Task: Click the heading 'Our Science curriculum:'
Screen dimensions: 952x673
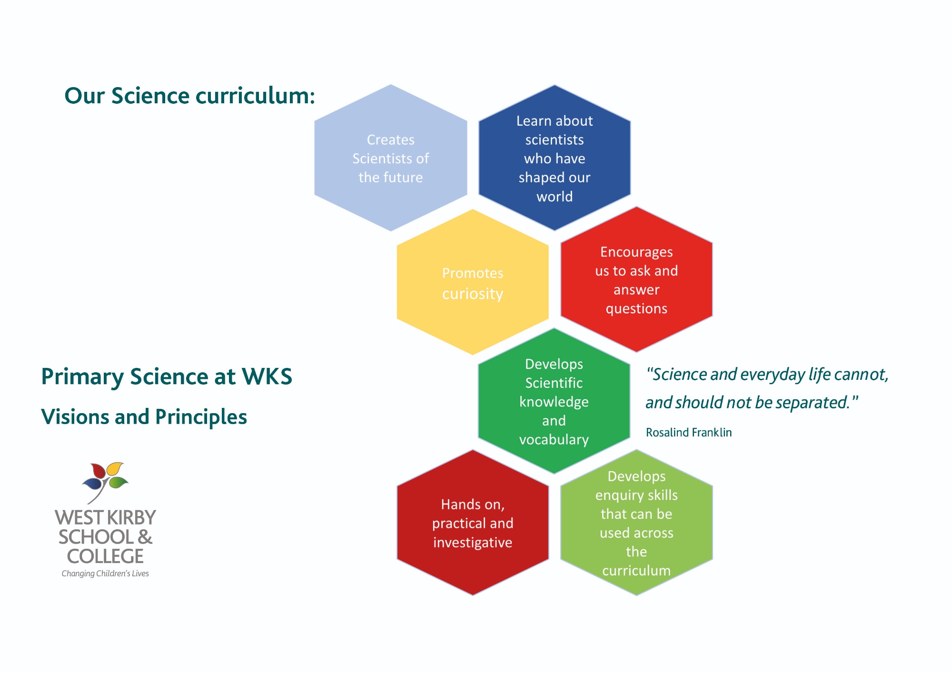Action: point(189,96)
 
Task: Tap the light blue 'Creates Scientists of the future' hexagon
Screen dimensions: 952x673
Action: point(391,158)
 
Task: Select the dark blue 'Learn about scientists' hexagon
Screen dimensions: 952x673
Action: point(555,158)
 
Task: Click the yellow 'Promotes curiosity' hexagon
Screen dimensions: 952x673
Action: point(473,282)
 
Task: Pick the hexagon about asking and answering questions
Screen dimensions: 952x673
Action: point(636,279)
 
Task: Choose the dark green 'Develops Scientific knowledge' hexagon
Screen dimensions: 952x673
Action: point(554,401)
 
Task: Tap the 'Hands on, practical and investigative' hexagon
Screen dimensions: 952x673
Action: point(473,523)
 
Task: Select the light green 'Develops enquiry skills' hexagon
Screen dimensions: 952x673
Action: point(636,523)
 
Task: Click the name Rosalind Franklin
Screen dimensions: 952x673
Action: point(689,432)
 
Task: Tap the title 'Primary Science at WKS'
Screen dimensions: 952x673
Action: point(167,376)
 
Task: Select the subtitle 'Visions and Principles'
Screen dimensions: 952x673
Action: point(144,417)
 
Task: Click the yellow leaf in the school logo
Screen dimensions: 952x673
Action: point(115,468)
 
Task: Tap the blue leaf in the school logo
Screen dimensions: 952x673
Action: point(92,484)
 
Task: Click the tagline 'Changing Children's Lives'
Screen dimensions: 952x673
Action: point(105,574)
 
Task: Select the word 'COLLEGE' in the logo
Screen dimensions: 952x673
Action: point(105,556)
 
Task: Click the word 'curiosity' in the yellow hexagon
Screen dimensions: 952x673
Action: point(473,294)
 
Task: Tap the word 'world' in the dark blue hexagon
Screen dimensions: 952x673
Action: point(555,197)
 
